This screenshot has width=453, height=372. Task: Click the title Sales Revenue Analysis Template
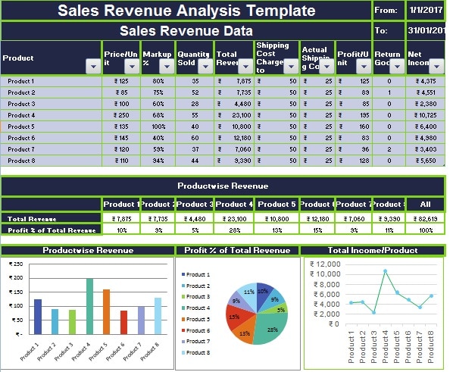pos(186,11)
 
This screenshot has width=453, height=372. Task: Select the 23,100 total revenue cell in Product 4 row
pos(235,115)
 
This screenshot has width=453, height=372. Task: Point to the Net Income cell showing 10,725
pos(424,115)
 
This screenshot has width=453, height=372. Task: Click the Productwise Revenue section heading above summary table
pos(223,186)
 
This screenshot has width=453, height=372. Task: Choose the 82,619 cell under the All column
pos(425,218)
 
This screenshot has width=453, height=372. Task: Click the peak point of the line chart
pos(385,271)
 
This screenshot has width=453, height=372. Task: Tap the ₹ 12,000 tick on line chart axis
pos(323,264)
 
